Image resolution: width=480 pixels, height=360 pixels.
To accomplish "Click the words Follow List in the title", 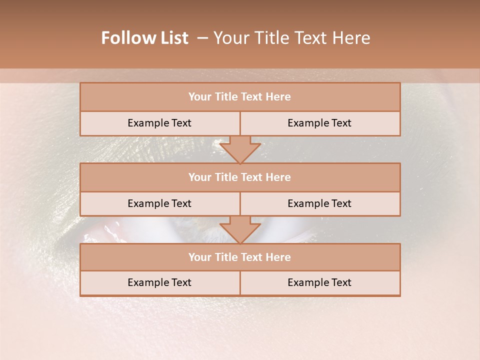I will tap(144, 38).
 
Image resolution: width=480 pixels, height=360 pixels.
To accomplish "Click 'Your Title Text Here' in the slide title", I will tap(291, 38).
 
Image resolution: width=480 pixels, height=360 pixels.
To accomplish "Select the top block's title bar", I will tap(240, 97).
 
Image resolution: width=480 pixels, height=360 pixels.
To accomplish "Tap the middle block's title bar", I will tap(240, 177).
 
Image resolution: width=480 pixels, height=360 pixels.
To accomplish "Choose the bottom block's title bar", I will tap(240, 257).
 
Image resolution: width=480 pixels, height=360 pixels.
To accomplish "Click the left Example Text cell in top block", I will tap(159, 123).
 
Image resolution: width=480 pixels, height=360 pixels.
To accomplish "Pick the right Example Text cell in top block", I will tap(319, 123).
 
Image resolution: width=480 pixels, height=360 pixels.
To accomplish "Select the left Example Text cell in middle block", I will tap(159, 203).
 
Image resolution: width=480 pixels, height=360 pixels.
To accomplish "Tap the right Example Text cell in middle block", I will tap(319, 203).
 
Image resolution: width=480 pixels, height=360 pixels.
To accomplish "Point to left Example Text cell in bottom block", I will tap(159, 282).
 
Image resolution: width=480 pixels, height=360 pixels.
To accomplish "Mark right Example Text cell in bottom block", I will tap(319, 282).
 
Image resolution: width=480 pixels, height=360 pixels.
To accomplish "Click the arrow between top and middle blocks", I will tap(240, 149).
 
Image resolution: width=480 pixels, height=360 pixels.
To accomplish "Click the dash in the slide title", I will tap(202, 38).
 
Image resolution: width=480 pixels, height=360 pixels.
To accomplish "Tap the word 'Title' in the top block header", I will tap(225, 97).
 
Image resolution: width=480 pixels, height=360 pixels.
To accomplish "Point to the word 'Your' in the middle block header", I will tap(199, 177).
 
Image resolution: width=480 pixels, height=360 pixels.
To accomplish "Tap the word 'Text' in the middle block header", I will tap(252, 177).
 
